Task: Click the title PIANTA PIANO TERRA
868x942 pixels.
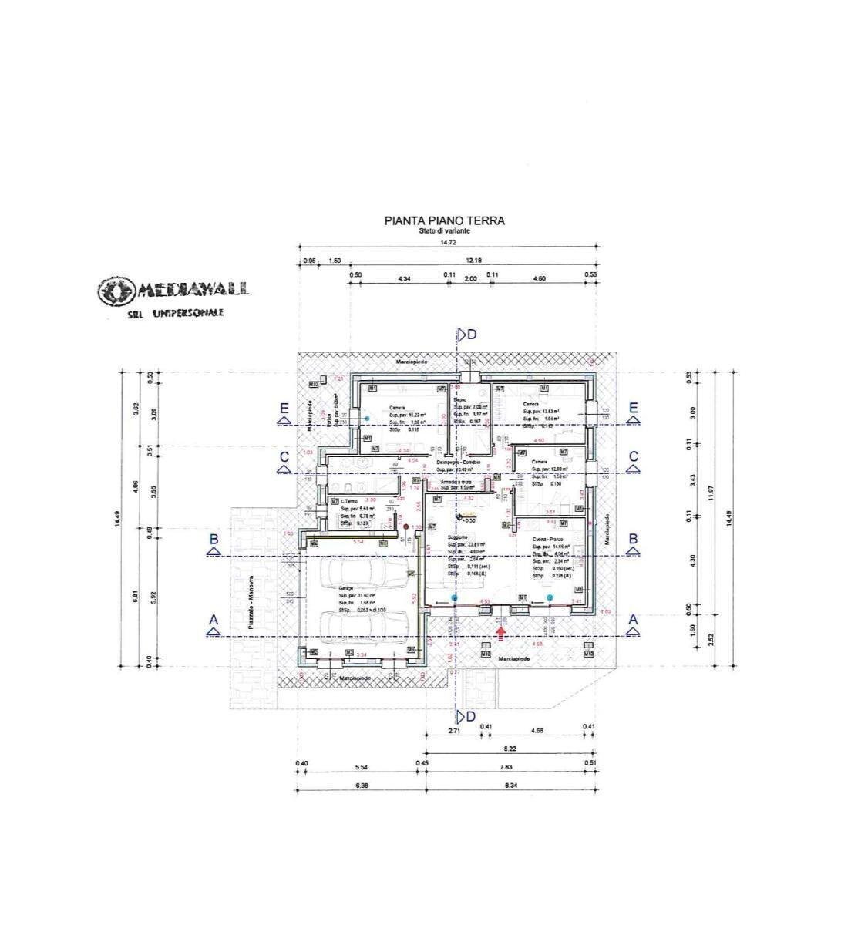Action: click(445, 220)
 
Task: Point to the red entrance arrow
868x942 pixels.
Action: click(502, 633)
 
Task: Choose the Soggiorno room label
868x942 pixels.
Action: click(460, 537)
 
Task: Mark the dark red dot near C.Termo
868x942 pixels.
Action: click(405, 527)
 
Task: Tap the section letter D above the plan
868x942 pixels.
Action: click(471, 334)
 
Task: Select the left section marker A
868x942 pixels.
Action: click(214, 621)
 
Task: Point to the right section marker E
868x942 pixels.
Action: click(634, 409)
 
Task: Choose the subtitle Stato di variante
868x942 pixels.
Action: click(445, 230)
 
